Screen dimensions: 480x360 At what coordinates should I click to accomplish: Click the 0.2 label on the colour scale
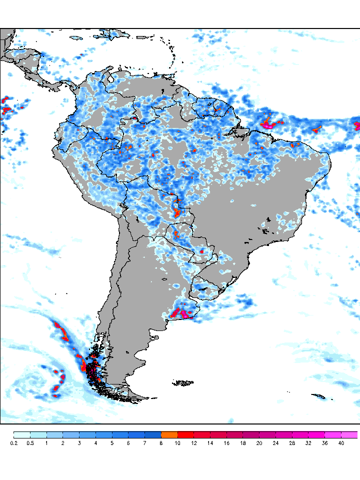tap(13, 443)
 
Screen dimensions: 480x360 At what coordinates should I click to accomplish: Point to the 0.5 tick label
tap(30, 443)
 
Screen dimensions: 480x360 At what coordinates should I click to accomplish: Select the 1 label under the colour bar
tap(46, 443)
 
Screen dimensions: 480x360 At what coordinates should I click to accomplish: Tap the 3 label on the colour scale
tap(79, 443)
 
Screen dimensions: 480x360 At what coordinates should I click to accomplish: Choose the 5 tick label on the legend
tap(112, 443)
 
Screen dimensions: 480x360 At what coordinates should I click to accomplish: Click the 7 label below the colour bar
tap(144, 443)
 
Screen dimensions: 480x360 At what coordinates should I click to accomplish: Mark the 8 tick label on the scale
tap(161, 443)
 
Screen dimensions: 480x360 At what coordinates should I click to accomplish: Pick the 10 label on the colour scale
tap(177, 443)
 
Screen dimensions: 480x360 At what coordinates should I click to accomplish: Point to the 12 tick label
tap(194, 443)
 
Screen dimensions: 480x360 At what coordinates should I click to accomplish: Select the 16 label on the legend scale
tap(226, 443)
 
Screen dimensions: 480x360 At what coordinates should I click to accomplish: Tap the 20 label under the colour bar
tap(259, 443)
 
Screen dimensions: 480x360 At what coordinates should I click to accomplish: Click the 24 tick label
tap(275, 443)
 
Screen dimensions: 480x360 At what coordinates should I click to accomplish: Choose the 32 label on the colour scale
tap(308, 443)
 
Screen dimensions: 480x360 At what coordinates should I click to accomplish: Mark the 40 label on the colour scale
tap(341, 443)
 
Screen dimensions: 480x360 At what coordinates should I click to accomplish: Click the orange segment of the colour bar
tap(169, 434)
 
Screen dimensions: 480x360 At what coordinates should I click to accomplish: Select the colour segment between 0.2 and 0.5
tap(22, 434)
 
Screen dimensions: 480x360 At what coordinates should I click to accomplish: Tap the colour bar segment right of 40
tap(349, 434)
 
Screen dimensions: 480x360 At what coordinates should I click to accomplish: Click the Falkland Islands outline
tap(183, 383)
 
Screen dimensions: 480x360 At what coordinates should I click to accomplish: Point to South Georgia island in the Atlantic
tap(318, 397)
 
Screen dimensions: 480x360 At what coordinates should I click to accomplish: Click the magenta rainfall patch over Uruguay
tap(186, 314)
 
